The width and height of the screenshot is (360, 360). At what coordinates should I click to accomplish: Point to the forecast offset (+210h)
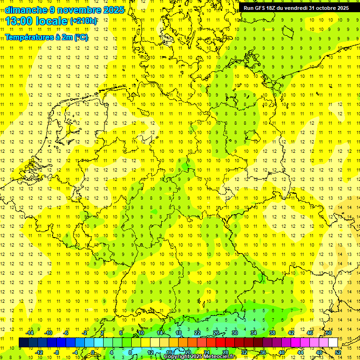pyautogui.click(x=83, y=21)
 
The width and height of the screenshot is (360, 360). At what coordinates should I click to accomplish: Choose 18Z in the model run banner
pyautogui.click(x=276, y=8)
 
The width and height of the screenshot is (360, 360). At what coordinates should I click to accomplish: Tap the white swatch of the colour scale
pyautogui.click(x=333, y=343)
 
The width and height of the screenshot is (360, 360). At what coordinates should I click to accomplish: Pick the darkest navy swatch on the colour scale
pyautogui.click(x=23, y=343)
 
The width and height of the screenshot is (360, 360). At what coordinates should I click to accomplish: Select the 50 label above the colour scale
pyautogui.click(x=329, y=333)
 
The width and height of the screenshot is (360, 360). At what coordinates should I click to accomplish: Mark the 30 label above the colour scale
pyautogui.click(x=235, y=333)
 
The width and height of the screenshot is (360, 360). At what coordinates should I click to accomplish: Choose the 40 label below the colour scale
pyautogui.click(x=282, y=352)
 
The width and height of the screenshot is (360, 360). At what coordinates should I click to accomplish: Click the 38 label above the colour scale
pyautogui.click(x=272, y=333)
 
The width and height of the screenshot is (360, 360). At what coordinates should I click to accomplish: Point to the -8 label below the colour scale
pyautogui.click(x=57, y=352)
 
